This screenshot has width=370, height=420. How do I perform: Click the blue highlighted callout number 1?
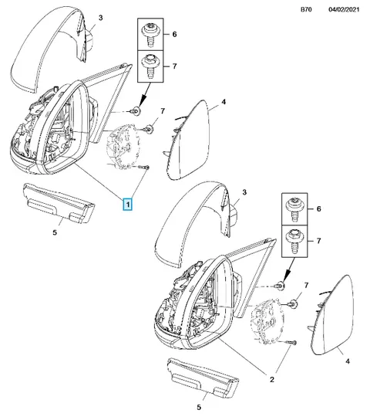click(128, 205)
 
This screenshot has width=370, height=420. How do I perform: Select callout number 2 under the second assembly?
click(272, 379)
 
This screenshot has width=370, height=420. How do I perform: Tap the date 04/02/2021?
click(344, 9)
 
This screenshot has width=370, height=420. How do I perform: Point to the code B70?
click(306, 9)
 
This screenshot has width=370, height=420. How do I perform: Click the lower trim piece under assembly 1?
click(59, 204)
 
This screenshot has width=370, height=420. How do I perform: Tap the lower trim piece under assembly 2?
click(203, 378)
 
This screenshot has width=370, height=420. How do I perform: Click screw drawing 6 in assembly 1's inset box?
click(150, 34)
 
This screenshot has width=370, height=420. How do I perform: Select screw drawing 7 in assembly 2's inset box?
click(294, 241)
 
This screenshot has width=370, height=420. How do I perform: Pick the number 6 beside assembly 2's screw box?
click(318, 208)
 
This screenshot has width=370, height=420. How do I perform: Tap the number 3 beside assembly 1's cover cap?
click(100, 18)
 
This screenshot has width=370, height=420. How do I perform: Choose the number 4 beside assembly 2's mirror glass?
click(348, 361)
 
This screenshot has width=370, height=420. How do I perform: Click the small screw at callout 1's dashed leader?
click(145, 167)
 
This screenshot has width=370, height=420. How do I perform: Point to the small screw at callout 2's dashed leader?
click(291, 342)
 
